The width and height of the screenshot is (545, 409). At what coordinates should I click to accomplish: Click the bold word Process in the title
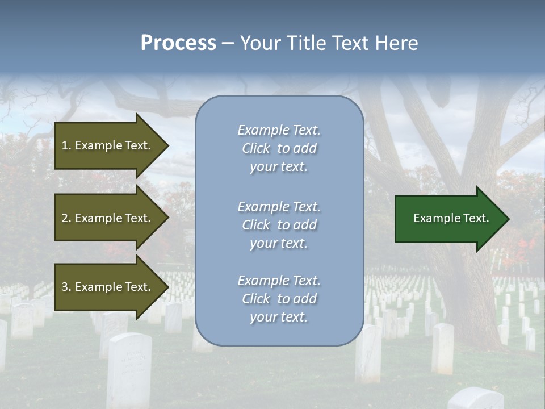[178, 43]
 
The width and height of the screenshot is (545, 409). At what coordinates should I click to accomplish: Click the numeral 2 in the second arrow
[65, 218]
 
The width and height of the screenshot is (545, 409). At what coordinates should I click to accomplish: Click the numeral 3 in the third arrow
[65, 287]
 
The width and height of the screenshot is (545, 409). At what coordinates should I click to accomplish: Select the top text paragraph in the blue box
[279, 148]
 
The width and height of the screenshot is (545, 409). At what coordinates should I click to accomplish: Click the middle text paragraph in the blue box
[279, 225]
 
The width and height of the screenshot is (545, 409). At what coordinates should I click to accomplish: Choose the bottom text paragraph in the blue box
[279, 299]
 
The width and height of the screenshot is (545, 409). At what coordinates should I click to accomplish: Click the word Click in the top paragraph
[256, 148]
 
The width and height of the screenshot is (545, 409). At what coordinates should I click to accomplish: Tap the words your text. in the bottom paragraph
[279, 317]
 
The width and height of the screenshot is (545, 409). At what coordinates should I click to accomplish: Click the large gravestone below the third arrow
[129, 369]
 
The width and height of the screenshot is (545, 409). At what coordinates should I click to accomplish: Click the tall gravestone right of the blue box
[442, 348]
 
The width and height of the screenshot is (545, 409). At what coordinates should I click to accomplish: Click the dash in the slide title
[228, 43]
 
